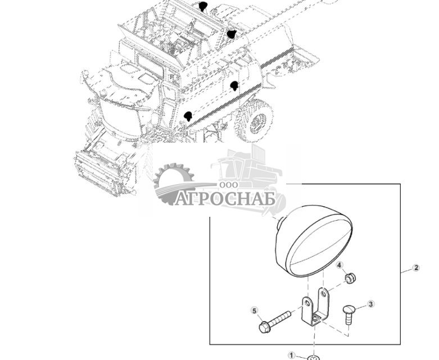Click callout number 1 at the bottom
(291, 355)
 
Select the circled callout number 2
(416, 268)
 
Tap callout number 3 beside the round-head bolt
(370, 304)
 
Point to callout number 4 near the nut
(340, 265)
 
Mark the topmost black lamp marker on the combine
(203, 6)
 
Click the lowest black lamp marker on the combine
(188, 116)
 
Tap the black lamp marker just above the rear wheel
(234, 85)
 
